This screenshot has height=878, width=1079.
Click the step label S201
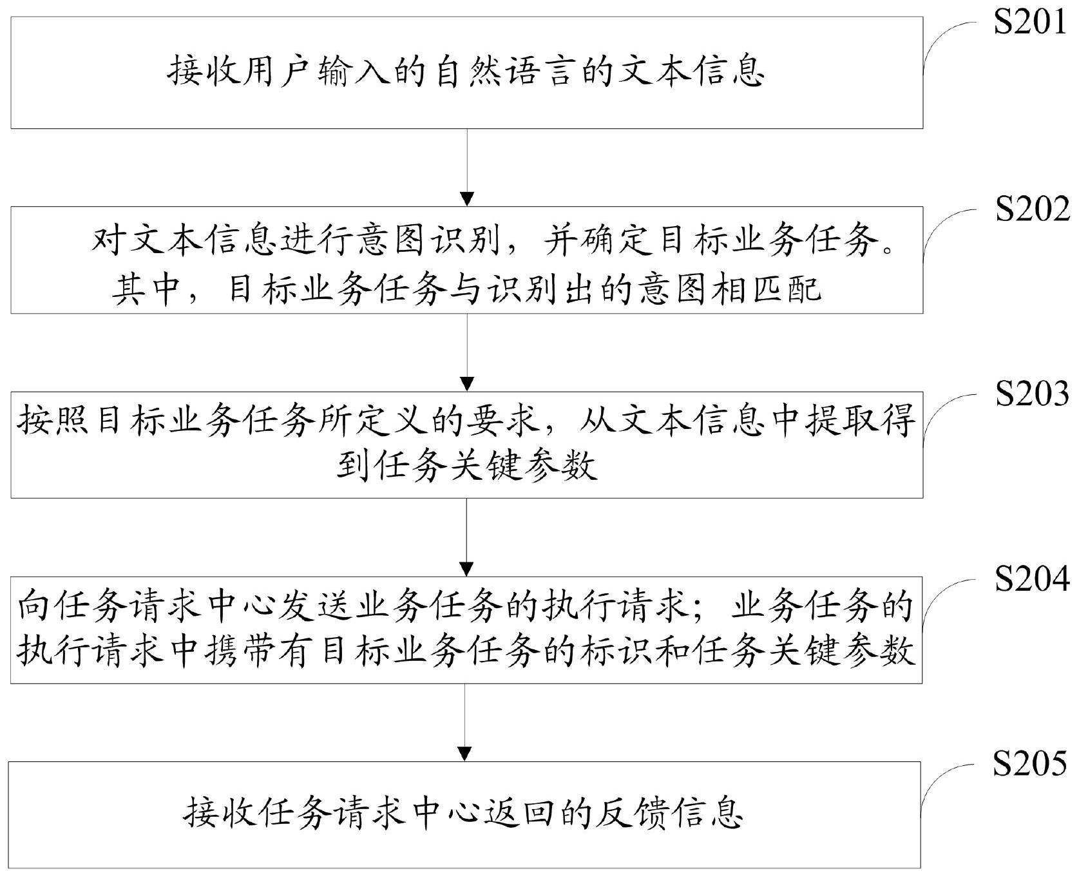[1031, 23]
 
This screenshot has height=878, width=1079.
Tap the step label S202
[1033, 209]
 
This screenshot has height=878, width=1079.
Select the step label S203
[1033, 394]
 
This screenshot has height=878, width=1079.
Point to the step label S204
[1033, 578]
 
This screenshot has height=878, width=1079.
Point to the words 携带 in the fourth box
[247, 653]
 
